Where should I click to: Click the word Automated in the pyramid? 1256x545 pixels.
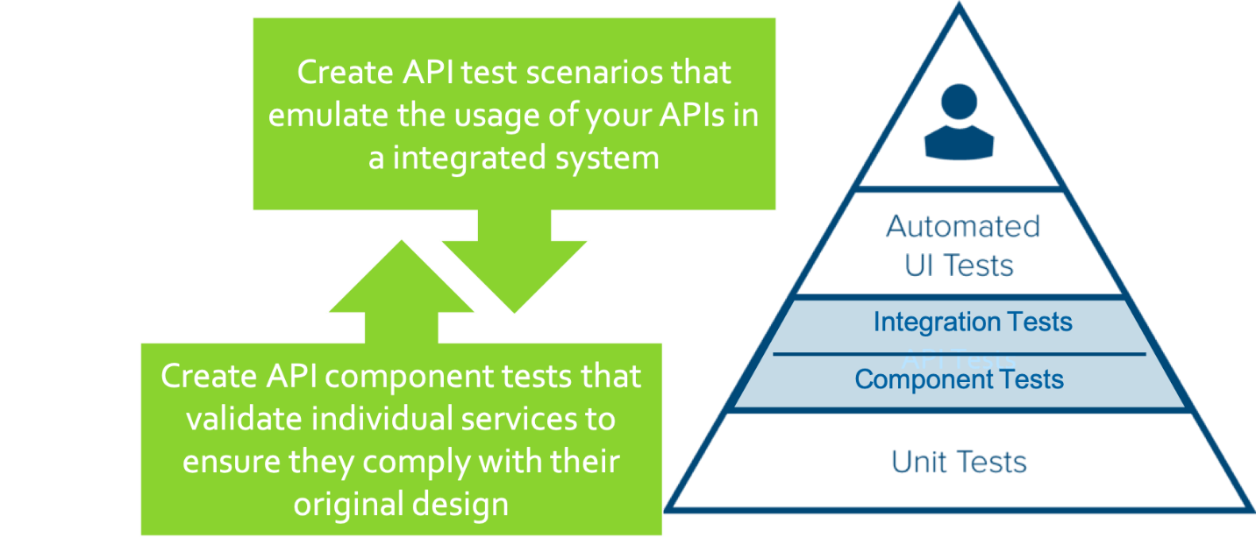click(x=962, y=227)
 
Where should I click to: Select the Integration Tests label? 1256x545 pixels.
click(x=972, y=322)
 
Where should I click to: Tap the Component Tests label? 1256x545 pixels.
click(x=959, y=379)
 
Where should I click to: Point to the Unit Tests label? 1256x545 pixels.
click(x=959, y=462)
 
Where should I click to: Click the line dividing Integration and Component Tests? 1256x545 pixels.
click(x=959, y=354)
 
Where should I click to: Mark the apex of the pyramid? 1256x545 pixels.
click(x=959, y=7)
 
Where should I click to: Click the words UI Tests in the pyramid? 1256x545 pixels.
click(x=959, y=265)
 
